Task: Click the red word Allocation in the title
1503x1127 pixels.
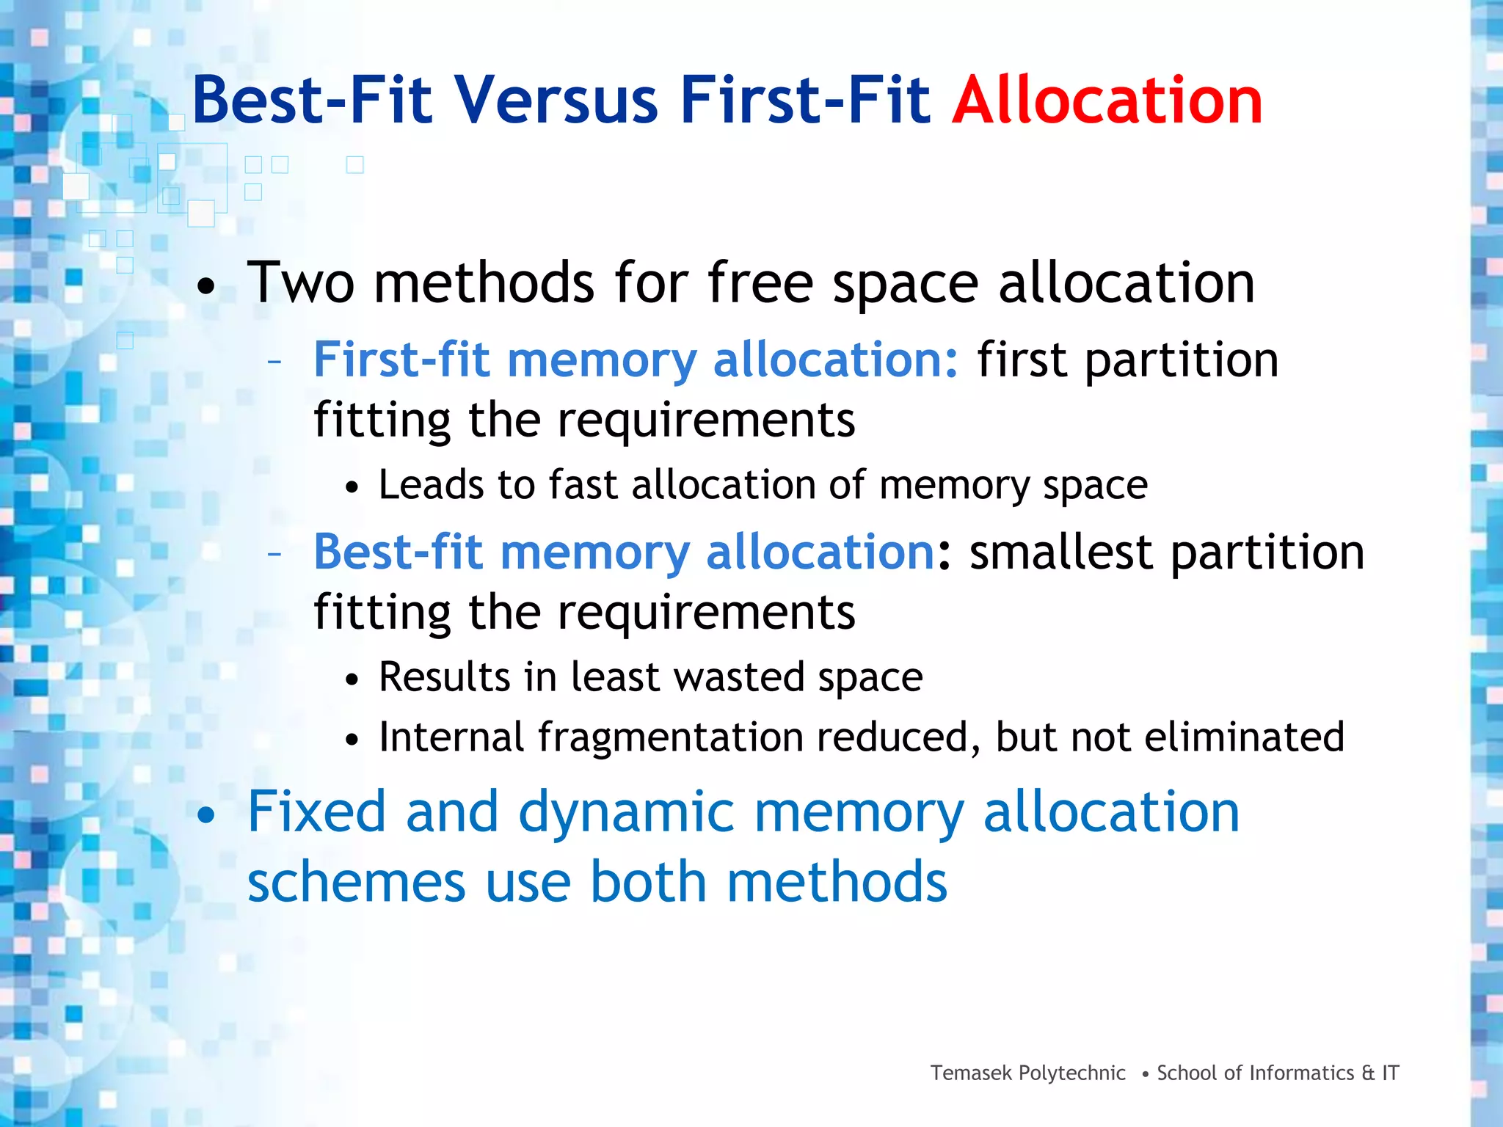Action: [1107, 101]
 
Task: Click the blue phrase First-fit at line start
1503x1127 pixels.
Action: [401, 360]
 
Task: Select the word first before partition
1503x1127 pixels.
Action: [1022, 360]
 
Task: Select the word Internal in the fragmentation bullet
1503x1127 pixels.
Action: [451, 737]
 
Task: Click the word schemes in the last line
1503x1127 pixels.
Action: [357, 882]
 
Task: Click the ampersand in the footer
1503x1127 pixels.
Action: [1368, 1073]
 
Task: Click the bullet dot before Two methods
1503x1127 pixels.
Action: [207, 287]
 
